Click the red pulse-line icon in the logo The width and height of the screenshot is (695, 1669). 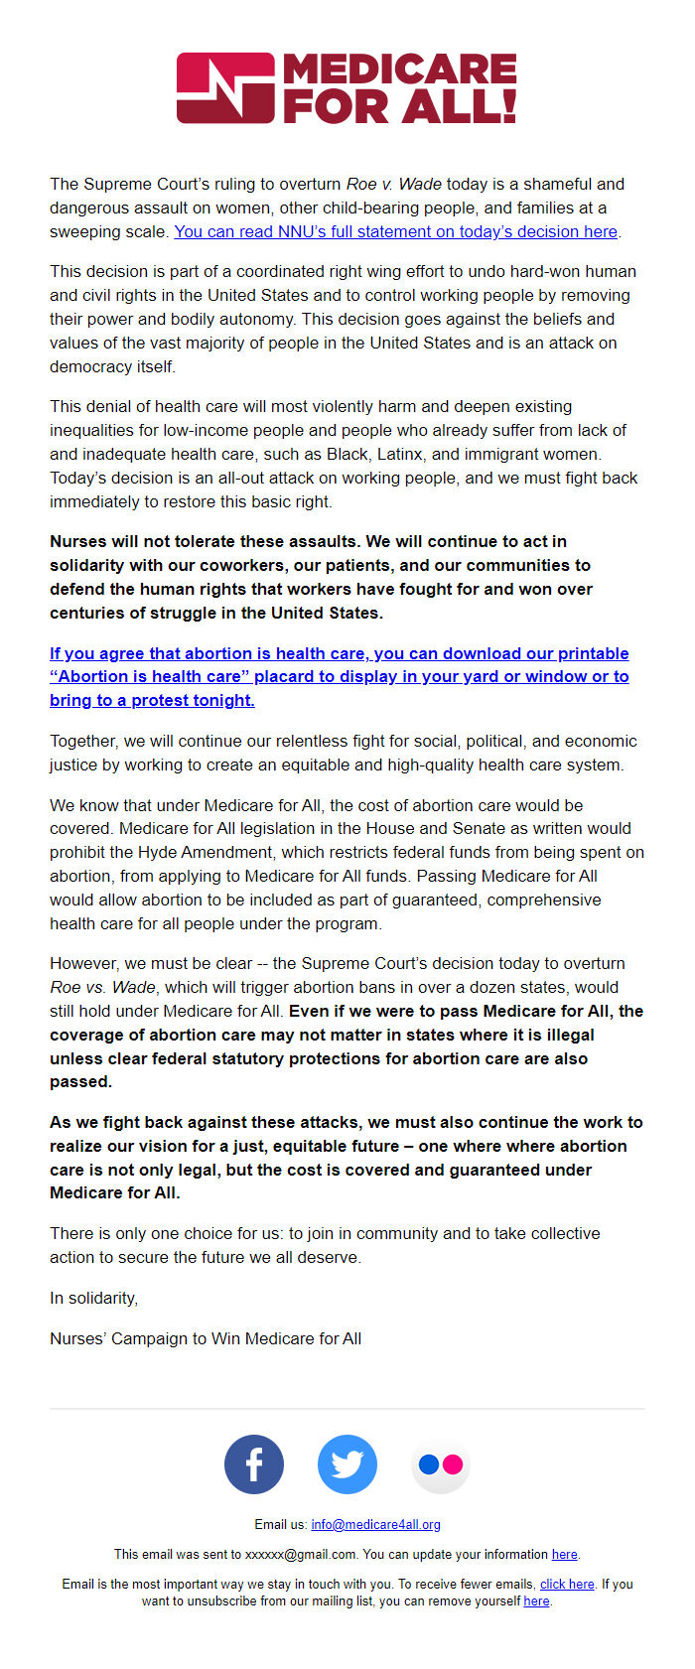(x=225, y=88)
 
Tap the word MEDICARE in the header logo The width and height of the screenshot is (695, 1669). (x=400, y=70)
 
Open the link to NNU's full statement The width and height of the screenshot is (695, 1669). (x=395, y=231)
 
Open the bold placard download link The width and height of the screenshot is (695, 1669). (x=339, y=676)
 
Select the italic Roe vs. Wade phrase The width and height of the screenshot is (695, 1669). (x=102, y=987)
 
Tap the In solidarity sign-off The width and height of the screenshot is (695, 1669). (x=94, y=1298)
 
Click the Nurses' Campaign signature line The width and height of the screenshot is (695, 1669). (x=206, y=1338)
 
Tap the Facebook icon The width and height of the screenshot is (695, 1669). (x=254, y=1464)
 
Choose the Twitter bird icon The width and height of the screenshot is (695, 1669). (x=347, y=1464)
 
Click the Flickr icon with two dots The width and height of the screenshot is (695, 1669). (x=440, y=1464)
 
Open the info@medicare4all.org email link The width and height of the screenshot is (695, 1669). (x=375, y=1524)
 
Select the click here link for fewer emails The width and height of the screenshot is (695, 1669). (x=567, y=1584)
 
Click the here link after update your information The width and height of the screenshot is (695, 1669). (x=564, y=1554)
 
